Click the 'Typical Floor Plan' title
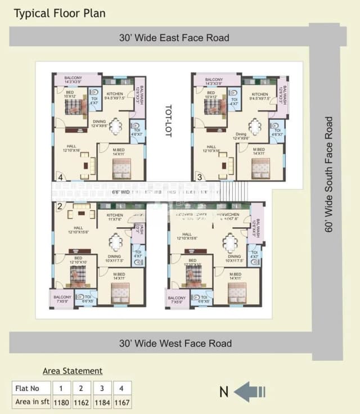[x=60, y=13]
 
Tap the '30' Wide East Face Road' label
[x=174, y=38]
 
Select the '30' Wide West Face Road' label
[x=175, y=343]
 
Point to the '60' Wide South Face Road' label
[x=329, y=174]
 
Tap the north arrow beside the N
[x=249, y=392]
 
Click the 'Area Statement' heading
[x=73, y=371]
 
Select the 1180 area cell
[x=62, y=402]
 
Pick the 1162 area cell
[x=82, y=402]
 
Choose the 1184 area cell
[x=102, y=402]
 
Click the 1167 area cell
[x=121, y=402]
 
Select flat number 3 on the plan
[x=199, y=178]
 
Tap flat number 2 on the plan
[x=59, y=206]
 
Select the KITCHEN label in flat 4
[x=115, y=94]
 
